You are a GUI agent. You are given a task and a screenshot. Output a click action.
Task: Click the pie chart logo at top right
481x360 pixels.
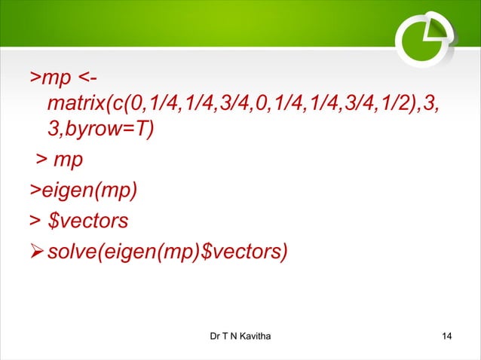tap(422, 35)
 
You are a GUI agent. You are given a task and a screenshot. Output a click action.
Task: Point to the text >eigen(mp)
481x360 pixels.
tap(84, 191)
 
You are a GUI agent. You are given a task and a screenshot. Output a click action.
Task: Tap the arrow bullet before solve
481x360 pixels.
tap(36, 251)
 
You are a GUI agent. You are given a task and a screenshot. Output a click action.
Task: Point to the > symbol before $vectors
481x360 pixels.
tap(34, 221)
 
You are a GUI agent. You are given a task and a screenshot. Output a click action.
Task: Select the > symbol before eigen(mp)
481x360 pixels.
tap(35, 191)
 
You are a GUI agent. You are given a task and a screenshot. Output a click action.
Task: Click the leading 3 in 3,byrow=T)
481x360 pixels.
tap(53, 130)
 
